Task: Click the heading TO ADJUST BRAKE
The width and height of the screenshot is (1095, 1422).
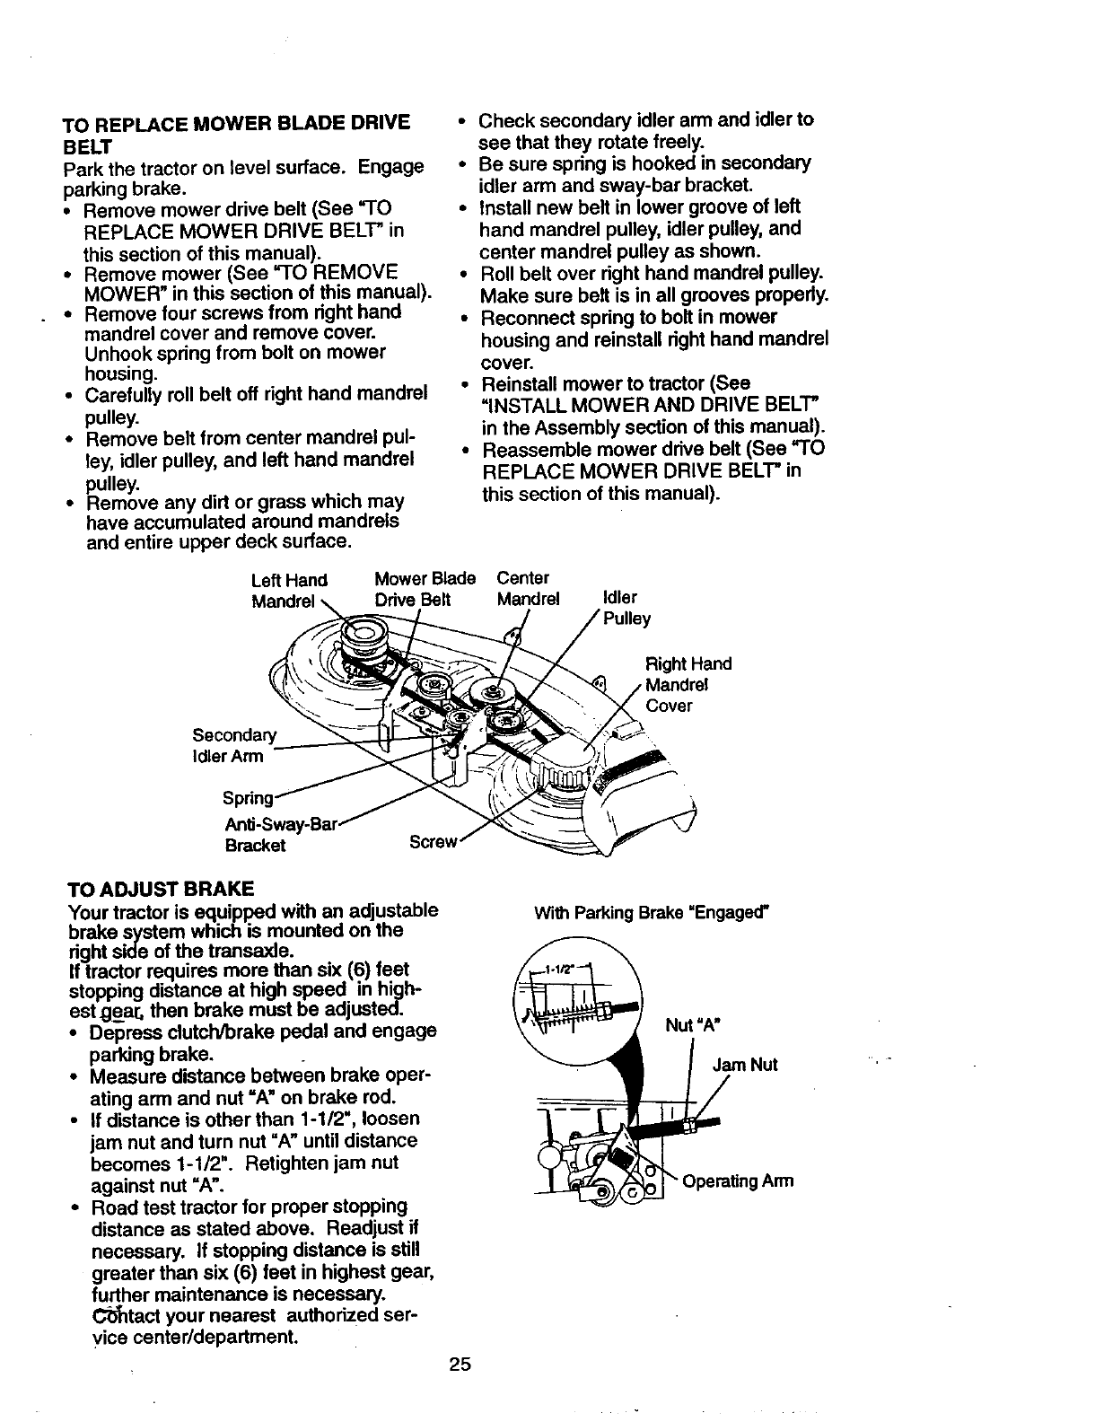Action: [161, 889]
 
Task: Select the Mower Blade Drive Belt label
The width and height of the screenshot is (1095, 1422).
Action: [425, 589]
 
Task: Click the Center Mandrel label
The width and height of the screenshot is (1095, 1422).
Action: [528, 588]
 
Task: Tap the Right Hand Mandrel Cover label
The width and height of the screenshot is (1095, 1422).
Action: [688, 684]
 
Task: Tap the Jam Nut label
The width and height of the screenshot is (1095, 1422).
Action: [744, 1065]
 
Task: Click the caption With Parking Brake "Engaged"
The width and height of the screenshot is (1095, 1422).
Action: [653, 914]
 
